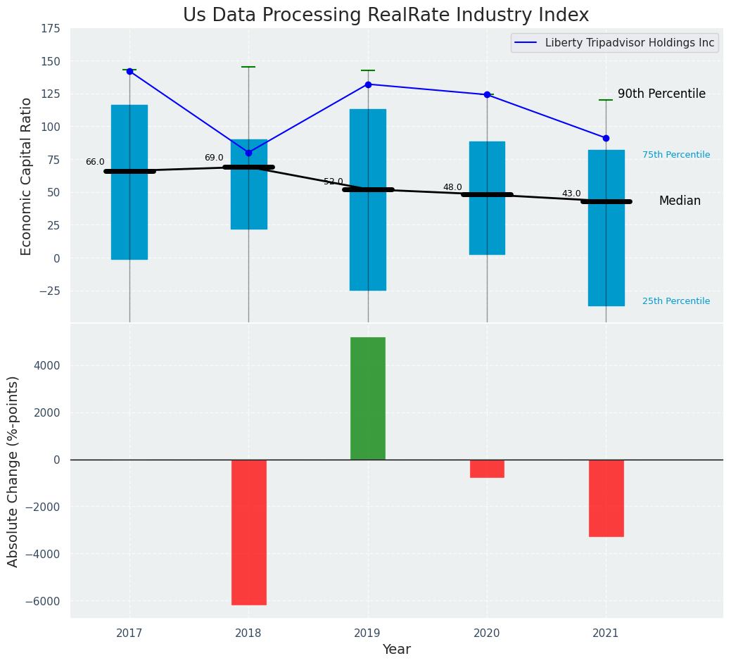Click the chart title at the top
click(386, 15)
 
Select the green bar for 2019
click(368, 398)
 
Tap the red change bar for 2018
click(249, 532)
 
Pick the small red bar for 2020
click(487, 469)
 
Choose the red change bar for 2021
click(606, 498)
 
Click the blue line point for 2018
click(248, 153)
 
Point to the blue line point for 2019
click(368, 84)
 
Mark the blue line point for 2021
click(606, 138)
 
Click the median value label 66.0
click(95, 162)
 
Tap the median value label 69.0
click(214, 158)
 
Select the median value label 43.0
click(571, 194)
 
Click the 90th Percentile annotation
click(661, 94)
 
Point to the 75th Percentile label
click(676, 155)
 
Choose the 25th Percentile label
click(676, 301)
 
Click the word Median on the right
click(680, 201)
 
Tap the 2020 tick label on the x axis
click(487, 633)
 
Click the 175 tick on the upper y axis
click(49, 29)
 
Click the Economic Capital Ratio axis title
click(27, 176)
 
